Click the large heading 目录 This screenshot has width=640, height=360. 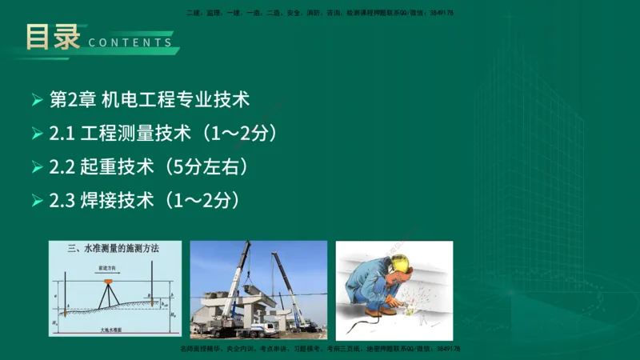[53, 36]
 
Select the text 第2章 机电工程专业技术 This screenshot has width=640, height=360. [150, 100]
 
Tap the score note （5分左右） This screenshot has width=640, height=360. [201, 166]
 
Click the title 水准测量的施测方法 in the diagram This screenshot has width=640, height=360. [119, 250]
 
